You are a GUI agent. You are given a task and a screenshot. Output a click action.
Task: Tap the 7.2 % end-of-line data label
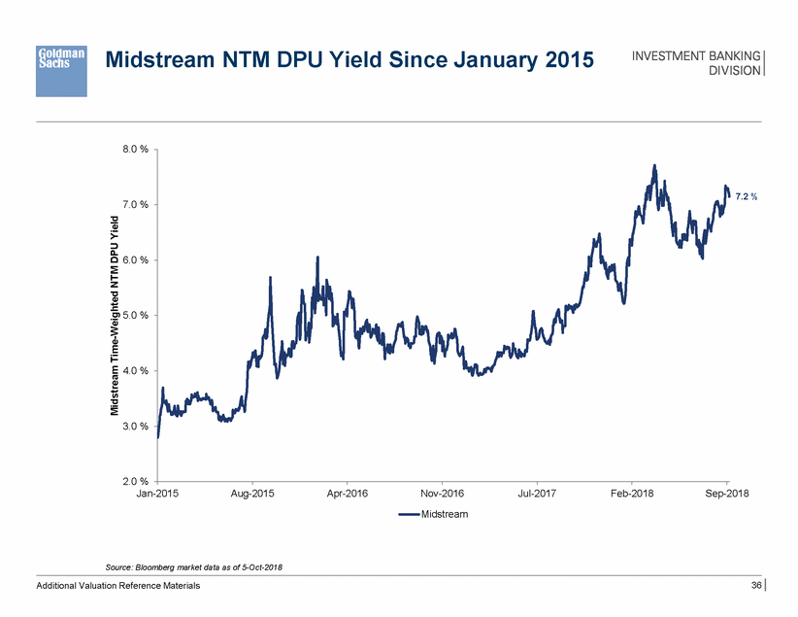click(x=746, y=197)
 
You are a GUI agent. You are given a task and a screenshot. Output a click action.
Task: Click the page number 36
click(x=756, y=585)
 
